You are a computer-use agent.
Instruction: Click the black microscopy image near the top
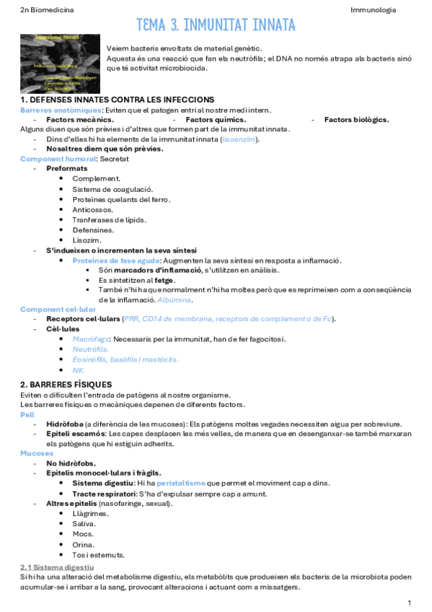click(x=60, y=60)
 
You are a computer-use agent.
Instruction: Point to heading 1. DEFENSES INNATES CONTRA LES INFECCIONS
click(x=116, y=100)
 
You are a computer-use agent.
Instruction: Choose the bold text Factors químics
click(x=216, y=120)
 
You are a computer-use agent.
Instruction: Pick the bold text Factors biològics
click(x=356, y=120)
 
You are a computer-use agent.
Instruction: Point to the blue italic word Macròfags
click(x=91, y=338)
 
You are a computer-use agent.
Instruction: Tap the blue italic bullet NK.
click(x=79, y=370)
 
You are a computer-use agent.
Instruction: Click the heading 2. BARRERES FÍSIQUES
click(x=66, y=385)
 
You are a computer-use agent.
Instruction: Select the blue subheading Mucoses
click(x=35, y=453)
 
